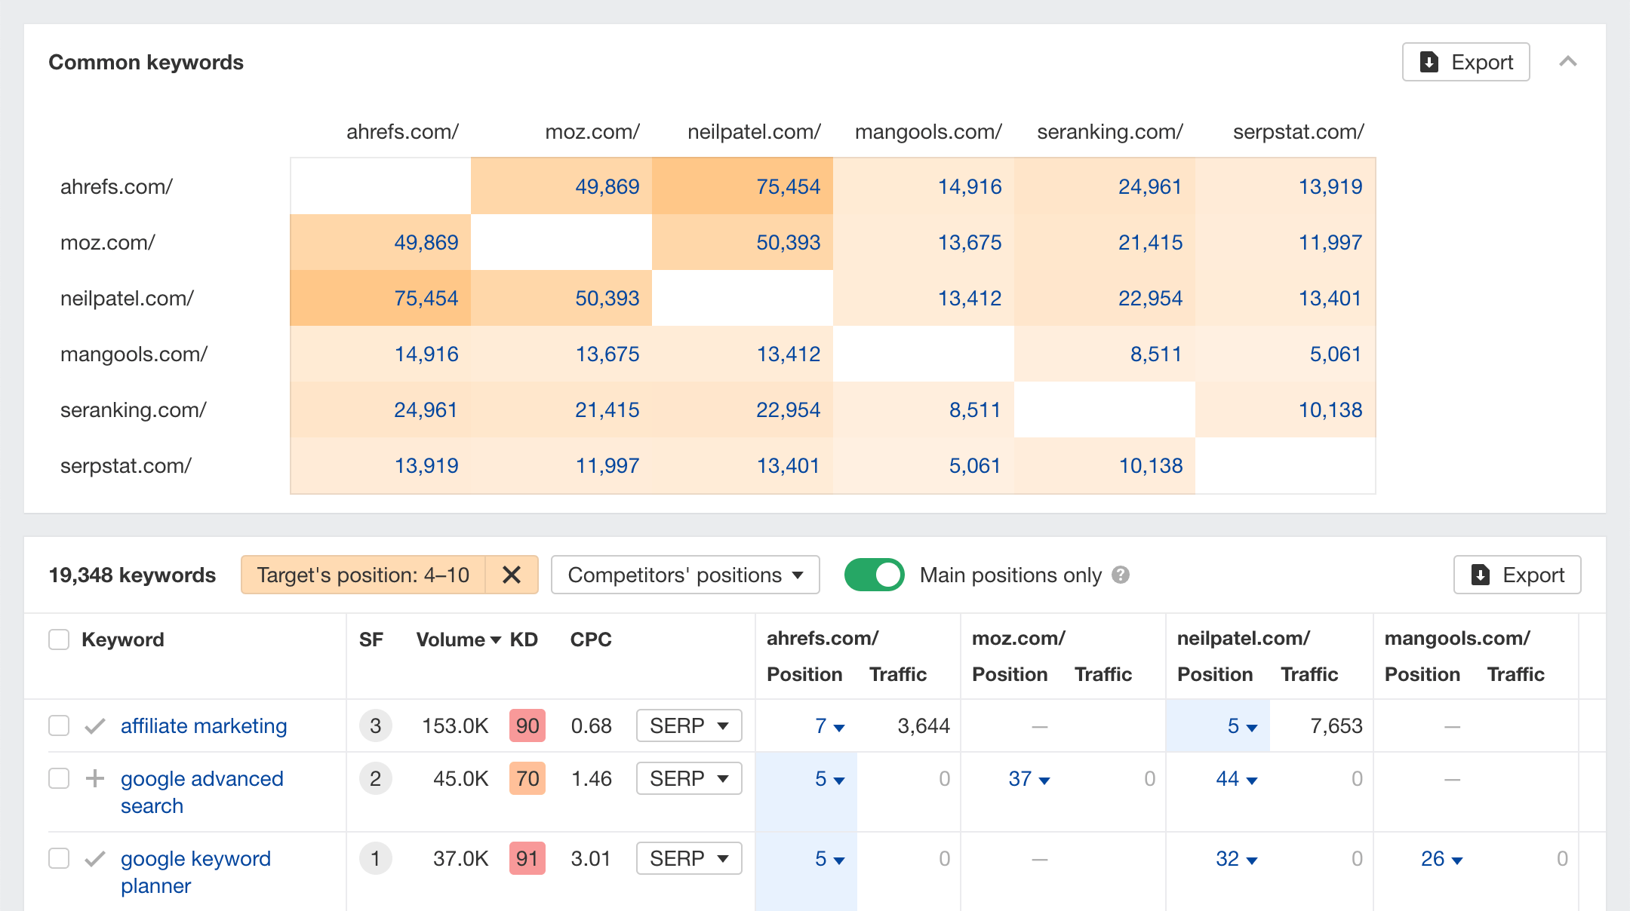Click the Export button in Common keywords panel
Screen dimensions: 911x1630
(1465, 62)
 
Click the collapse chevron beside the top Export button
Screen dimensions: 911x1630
(1568, 62)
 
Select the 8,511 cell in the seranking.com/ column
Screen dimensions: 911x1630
(1155, 354)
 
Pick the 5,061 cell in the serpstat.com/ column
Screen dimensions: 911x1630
(1335, 354)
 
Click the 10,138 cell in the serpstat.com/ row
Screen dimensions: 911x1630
(1150, 466)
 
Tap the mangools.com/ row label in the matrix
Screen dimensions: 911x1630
(134, 354)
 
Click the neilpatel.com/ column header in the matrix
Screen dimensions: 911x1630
(754, 132)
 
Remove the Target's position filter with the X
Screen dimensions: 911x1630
(512, 575)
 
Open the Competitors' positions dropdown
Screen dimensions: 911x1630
(685, 575)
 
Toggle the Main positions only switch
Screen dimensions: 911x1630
(874, 575)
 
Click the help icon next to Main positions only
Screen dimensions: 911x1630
(1121, 575)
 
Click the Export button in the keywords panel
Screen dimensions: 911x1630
(1517, 575)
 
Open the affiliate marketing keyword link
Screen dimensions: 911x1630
(204, 725)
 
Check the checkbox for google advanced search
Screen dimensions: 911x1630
(59, 778)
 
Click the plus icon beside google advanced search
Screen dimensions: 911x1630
(95, 778)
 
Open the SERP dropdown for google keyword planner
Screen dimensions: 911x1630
(689, 858)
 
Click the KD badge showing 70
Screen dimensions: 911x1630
(527, 778)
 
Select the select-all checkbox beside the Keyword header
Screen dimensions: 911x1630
(59, 640)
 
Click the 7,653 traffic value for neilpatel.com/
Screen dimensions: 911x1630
(1336, 725)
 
